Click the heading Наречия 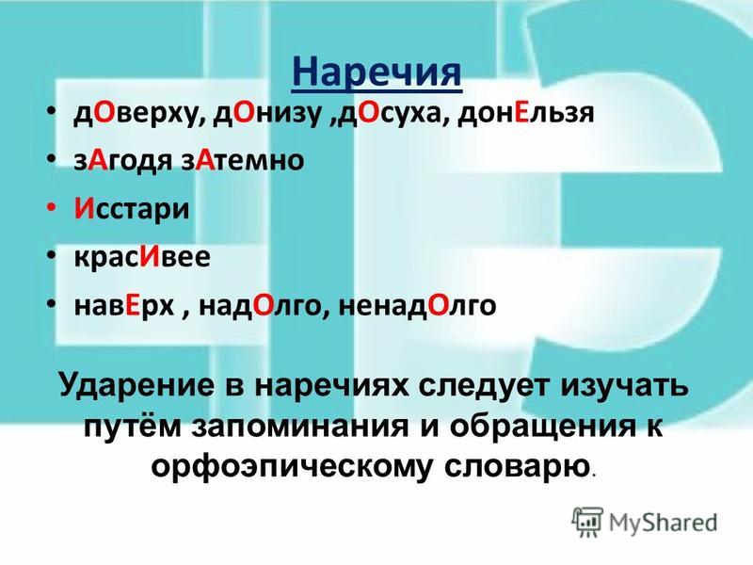[x=376, y=73]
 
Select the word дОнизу [x=267, y=114]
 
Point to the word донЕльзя [x=526, y=114]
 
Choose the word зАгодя [x=122, y=161]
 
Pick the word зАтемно [x=243, y=160]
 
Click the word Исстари [x=132, y=210]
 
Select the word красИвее [x=142, y=257]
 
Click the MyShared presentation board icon [x=586, y=522]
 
